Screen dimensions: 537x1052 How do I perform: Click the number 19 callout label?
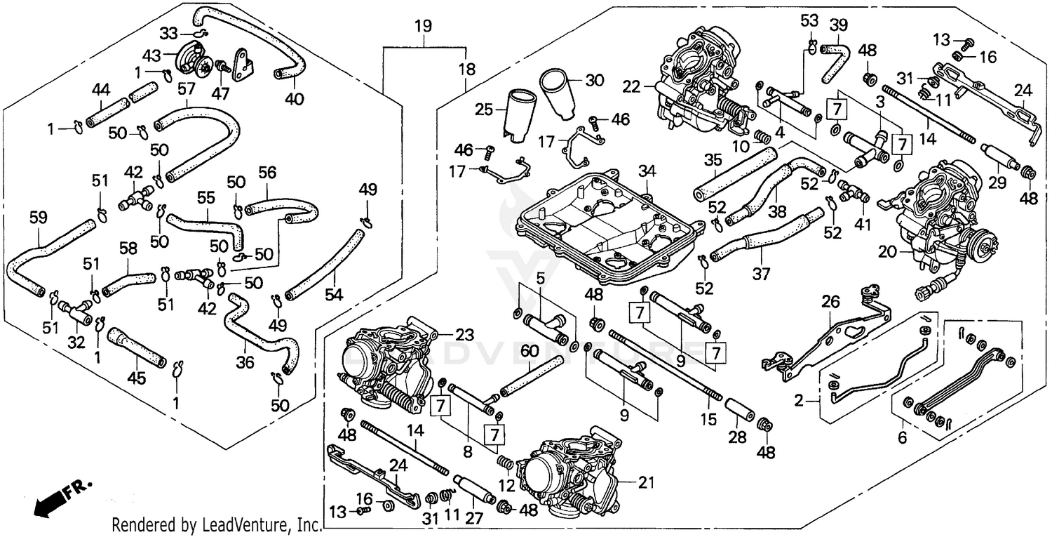coord(422,27)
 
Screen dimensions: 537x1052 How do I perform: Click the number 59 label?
coord(39,218)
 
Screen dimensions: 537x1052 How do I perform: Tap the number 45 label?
coord(136,378)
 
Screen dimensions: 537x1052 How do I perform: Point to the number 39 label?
coord(838,25)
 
